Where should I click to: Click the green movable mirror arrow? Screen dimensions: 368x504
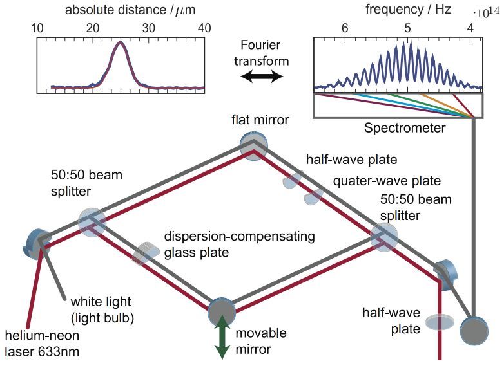(x=222, y=338)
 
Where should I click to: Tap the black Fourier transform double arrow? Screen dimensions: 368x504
(x=262, y=77)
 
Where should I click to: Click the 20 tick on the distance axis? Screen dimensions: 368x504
(x=93, y=28)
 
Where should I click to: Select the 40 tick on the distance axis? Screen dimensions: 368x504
(x=204, y=28)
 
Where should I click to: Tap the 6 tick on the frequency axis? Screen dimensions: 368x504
(x=345, y=28)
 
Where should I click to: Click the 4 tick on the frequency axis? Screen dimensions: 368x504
(x=470, y=28)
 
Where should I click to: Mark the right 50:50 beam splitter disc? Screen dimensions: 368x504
(x=385, y=238)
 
